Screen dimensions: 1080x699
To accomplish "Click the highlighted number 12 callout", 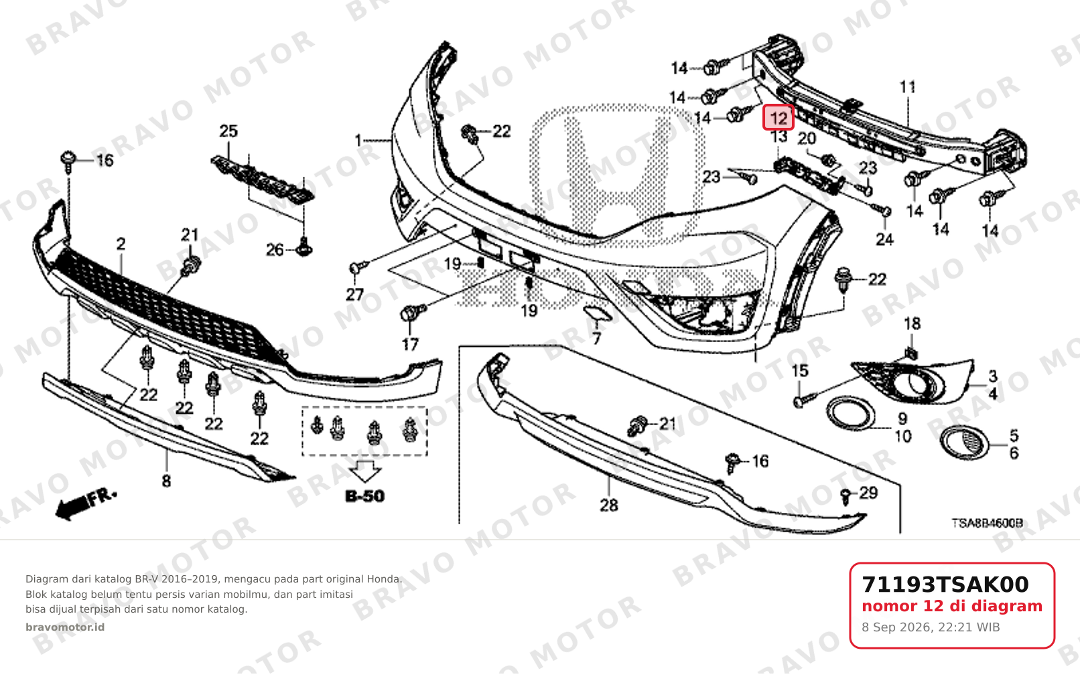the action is [x=779, y=118].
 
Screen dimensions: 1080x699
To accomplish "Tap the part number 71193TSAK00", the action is [x=945, y=585].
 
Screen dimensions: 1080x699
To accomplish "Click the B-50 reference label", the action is [x=365, y=496].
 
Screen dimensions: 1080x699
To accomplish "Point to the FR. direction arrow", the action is [x=86, y=504].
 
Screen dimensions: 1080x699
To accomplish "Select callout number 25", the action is [x=228, y=131].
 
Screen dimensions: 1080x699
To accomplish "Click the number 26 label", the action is [x=275, y=250].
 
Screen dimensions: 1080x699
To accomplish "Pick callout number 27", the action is [x=355, y=295].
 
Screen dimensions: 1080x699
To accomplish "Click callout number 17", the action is [x=410, y=344].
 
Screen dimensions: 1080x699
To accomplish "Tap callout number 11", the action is [x=908, y=87].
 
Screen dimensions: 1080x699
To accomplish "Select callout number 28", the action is [x=609, y=506].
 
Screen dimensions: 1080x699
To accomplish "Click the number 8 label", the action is [x=166, y=481].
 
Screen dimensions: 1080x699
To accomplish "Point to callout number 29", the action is [x=869, y=493].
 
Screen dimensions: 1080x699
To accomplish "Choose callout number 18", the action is [x=912, y=324].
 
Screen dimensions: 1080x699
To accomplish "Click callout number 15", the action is [x=800, y=371].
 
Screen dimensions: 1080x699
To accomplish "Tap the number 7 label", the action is [x=597, y=339].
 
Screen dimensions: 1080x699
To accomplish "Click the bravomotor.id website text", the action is [x=65, y=627].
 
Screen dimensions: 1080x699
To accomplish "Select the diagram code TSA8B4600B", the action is [x=987, y=523].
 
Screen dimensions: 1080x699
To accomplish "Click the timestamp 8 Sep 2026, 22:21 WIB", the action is [x=931, y=627].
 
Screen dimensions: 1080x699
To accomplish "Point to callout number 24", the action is [x=885, y=240].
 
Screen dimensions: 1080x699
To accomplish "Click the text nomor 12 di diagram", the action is [x=952, y=606].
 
